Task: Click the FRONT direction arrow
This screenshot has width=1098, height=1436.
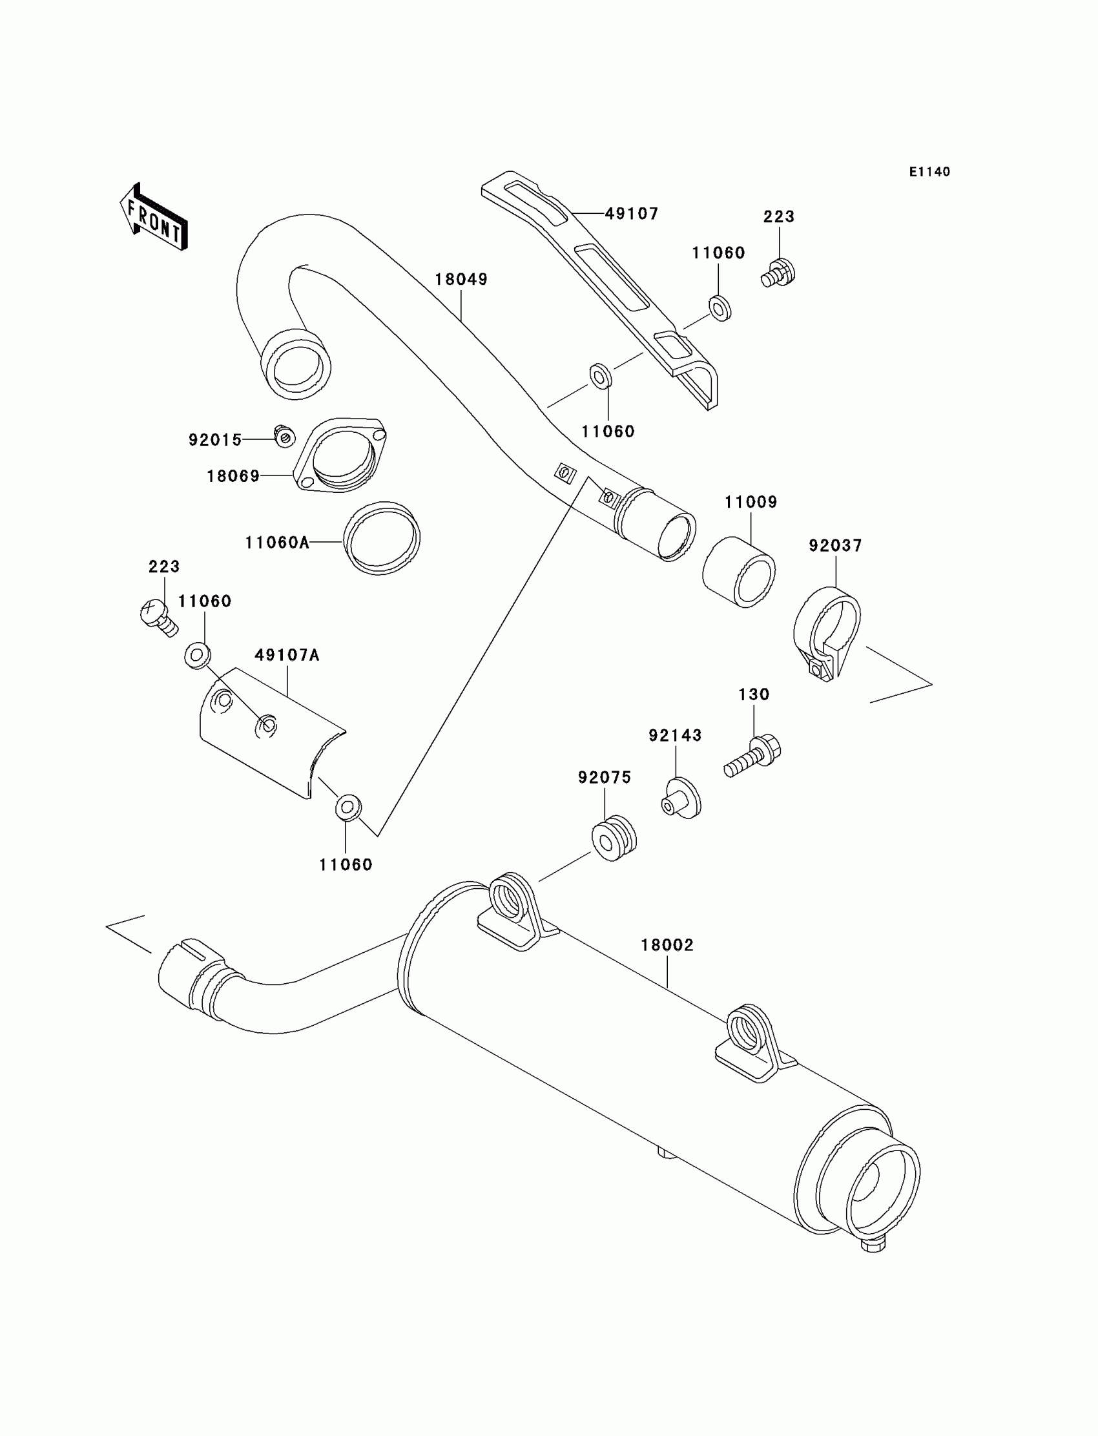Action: click(x=154, y=217)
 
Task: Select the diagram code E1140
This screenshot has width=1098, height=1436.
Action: click(x=929, y=172)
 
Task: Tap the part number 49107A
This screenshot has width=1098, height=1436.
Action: click(x=287, y=655)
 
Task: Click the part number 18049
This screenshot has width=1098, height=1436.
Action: click(x=461, y=279)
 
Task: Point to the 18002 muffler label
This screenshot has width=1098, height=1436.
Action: click(x=667, y=944)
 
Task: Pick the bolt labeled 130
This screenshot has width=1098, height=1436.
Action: click(x=754, y=758)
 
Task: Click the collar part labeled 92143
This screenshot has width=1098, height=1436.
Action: click(x=681, y=798)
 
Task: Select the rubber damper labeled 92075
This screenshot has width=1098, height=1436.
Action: click(x=614, y=838)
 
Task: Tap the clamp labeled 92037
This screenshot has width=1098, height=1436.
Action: click(x=827, y=634)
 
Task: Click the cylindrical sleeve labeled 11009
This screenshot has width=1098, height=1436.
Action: click(x=738, y=572)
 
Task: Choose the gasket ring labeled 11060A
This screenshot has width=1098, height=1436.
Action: click(x=382, y=538)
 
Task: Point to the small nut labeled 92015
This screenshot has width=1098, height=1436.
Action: click(x=284, y=436)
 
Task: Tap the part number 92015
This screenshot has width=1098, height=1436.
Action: click(x=215, y=440)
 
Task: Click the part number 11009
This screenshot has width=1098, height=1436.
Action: click(x=751, y=502)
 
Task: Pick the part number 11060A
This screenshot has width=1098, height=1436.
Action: click(x=277, y=543)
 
